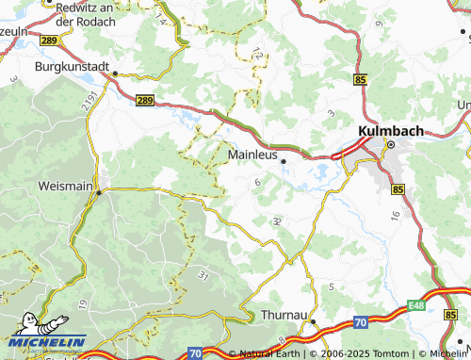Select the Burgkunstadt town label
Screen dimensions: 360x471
click(x=72, y=68)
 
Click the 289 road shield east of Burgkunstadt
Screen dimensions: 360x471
click(x=144, y=99)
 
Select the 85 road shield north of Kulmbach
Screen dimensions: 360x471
click(x=361, y=81)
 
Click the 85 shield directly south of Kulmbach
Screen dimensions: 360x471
click(x=398, y=189)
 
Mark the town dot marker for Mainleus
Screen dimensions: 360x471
click(x=284, y=161)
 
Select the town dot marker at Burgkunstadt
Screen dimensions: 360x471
click(x=112, y=73)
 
